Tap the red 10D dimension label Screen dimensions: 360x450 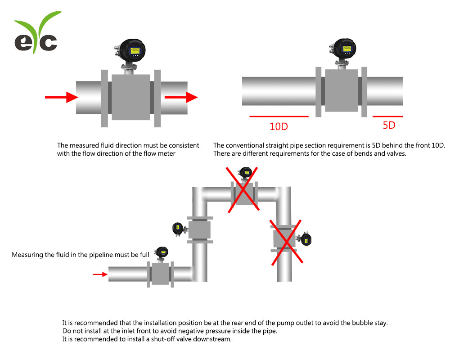click(x=279, y=126)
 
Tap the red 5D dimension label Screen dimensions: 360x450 click(x=389, y=125)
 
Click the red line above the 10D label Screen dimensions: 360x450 click(x=279, y=117)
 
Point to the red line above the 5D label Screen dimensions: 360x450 click(x=387, y=117)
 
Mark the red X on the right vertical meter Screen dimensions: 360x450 click(x=285, y=243)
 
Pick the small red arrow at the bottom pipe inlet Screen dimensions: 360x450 click(x=100, y=274)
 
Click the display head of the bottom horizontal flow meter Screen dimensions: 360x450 click(x=161, y=252)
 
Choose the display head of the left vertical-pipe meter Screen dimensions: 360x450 click(x=178, y=229)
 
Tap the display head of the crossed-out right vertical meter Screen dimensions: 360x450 click(x=306, y=239)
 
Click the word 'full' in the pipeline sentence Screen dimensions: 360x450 click(x=144, y=255)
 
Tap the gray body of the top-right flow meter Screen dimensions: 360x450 click(x=341, y=90)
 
